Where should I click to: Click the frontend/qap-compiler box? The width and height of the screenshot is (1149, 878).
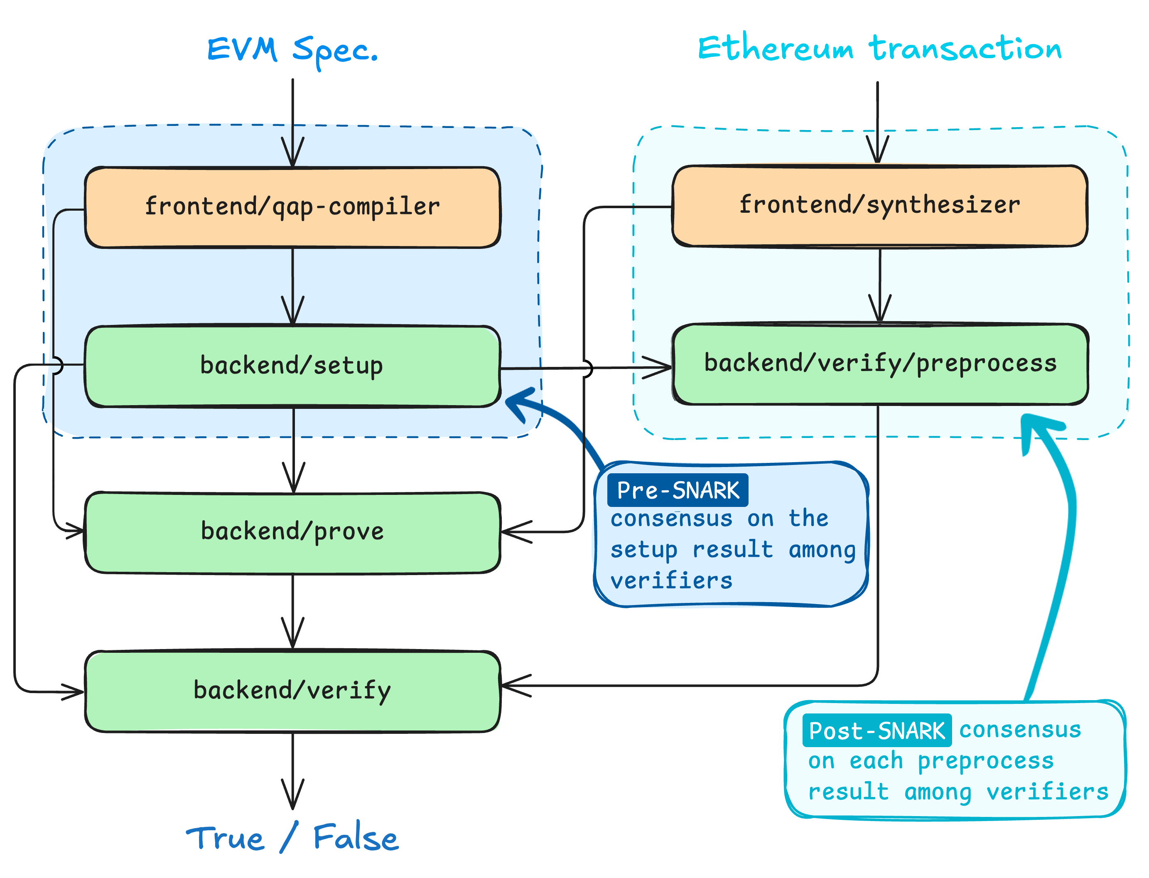point(292,207)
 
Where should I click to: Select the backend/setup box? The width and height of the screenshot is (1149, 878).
point(292,366)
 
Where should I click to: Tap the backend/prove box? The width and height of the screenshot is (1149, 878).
point(292,532)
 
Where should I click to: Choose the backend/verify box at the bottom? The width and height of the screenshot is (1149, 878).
point(292,691)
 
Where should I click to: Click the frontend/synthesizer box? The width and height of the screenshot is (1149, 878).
point(879,205)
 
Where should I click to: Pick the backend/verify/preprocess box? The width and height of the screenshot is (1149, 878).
point(880,364)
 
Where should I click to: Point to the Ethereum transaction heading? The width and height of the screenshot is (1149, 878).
point(879,48)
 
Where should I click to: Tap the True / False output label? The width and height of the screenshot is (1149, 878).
point(292,838)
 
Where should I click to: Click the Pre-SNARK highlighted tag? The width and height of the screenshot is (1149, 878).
point(677,490)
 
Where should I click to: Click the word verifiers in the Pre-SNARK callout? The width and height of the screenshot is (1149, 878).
point(671,580)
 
